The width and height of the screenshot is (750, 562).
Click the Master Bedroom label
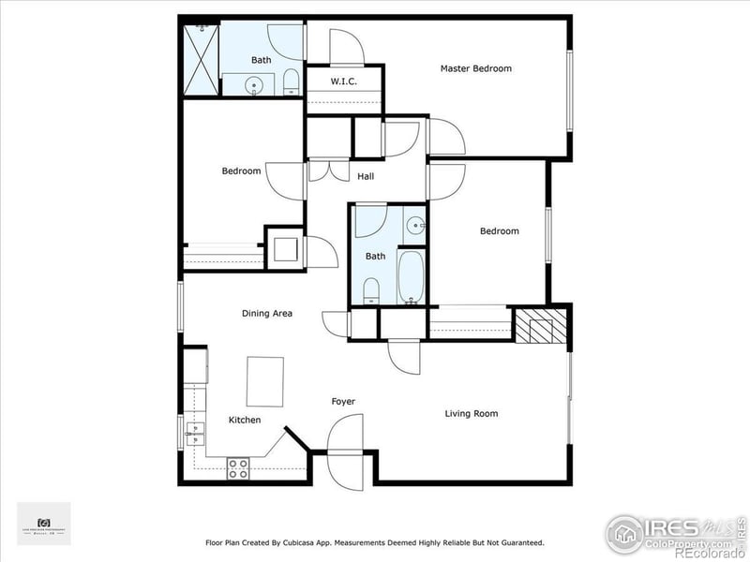(476, 68)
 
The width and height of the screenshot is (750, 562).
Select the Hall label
(367, 176)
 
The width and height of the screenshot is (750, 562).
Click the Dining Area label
(268, 314)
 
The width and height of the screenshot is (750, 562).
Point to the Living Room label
(471, 413)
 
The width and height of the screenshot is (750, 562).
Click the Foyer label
(343, 402)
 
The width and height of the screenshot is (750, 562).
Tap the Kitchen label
(245, 420)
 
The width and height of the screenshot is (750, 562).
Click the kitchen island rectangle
(264, 380)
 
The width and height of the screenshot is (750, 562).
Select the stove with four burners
(238, 467)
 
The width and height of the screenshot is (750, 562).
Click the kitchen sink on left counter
(195, 434)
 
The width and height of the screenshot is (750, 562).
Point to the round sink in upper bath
(255, 86)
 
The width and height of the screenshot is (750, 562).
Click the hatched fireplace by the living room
(541, 324)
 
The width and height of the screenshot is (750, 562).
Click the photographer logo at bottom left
(43, 524)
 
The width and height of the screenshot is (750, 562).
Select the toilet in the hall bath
(371, 288)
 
